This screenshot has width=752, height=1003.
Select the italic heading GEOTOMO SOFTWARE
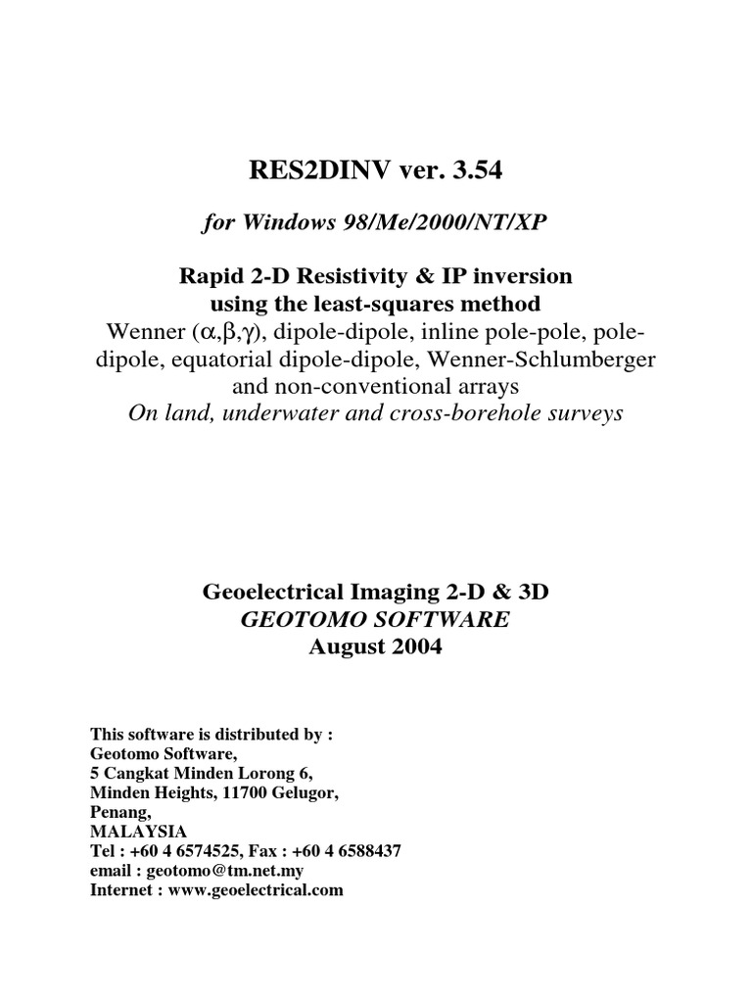coord(375,619)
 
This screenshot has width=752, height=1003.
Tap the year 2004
coord(416,646)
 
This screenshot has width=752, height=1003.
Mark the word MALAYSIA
coord(131,831)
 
